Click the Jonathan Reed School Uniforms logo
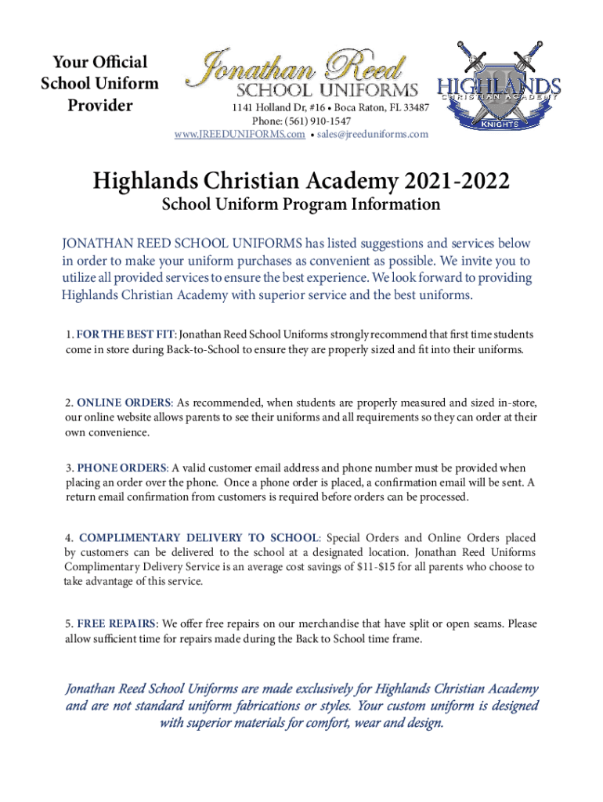301,74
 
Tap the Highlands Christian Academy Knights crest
499,85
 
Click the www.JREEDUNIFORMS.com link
240,135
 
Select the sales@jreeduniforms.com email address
374,135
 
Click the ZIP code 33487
412,107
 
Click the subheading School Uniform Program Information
301,205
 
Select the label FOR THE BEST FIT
125,334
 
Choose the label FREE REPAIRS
117,624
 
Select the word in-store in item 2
512,403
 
